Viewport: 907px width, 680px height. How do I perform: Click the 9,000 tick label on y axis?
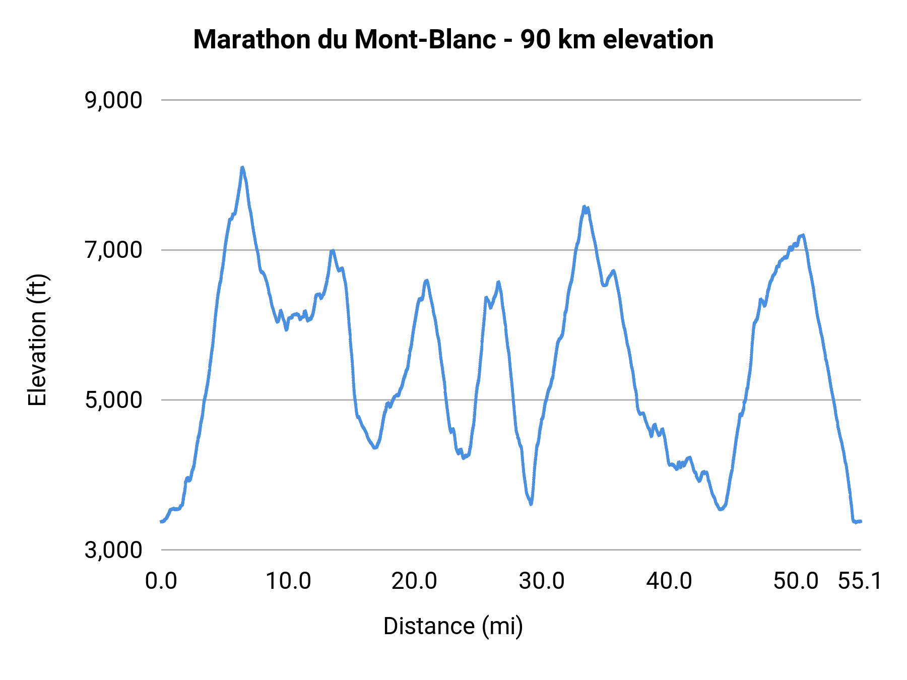tap(113, 101)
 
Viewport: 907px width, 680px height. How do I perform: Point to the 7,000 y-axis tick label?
tap(113, 250)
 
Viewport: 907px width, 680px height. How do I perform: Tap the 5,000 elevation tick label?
tap(113, 400)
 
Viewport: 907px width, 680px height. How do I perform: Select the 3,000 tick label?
tap(113, 550)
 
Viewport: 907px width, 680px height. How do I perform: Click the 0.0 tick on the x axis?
tap(161, 581)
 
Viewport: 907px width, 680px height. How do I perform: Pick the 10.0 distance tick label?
tap(288, 581)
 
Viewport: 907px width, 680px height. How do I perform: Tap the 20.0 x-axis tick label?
tap(415, 581)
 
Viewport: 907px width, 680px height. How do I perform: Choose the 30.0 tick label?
tap(542, 581)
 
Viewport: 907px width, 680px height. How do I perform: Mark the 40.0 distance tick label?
tap(669, 581)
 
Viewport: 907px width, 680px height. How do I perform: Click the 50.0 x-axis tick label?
tap(796, 581)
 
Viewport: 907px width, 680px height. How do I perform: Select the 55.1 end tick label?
tap(860, 581)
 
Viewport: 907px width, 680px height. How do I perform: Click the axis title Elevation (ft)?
tap(37, 340)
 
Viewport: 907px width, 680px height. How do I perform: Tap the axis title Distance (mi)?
tap(453, 626)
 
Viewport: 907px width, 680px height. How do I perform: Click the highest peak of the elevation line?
tap(242, 167)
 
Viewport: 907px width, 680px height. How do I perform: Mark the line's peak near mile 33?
tap(585, 207)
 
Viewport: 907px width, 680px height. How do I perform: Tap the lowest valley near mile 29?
tap(531, 504)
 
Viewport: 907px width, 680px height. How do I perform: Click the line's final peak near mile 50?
tap(803, 235)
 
